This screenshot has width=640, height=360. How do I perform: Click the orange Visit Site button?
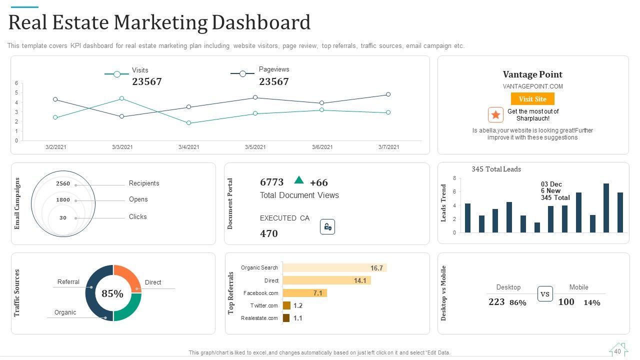[532, 99]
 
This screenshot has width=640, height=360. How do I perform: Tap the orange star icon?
[495, 115]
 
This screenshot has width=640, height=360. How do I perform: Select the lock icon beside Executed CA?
[327, 227]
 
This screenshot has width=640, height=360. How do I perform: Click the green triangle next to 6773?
[299, 180]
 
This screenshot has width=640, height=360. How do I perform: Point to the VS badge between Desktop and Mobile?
[545, 293]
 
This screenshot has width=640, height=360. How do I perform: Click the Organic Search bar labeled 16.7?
[335, 267]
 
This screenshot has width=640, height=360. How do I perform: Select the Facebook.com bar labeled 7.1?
[305, 293]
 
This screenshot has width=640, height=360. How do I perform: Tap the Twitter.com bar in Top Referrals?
[286, 305]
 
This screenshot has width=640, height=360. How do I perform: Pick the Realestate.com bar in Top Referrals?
[286, 318]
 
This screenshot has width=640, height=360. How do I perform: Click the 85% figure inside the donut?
[112, 293]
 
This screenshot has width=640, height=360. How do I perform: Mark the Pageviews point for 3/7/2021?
[388, 94]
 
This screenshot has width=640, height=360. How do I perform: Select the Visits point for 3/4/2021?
[188, 123]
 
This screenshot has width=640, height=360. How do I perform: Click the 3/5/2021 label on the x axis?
[255, 147]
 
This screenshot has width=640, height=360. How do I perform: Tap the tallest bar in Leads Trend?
[606, 208]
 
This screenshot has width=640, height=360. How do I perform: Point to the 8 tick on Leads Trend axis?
[454, 178]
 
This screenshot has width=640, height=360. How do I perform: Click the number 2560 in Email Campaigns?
[63, 183]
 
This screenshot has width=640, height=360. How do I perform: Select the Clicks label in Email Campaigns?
[137, 216]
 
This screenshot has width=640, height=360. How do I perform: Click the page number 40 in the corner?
[617, 351]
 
